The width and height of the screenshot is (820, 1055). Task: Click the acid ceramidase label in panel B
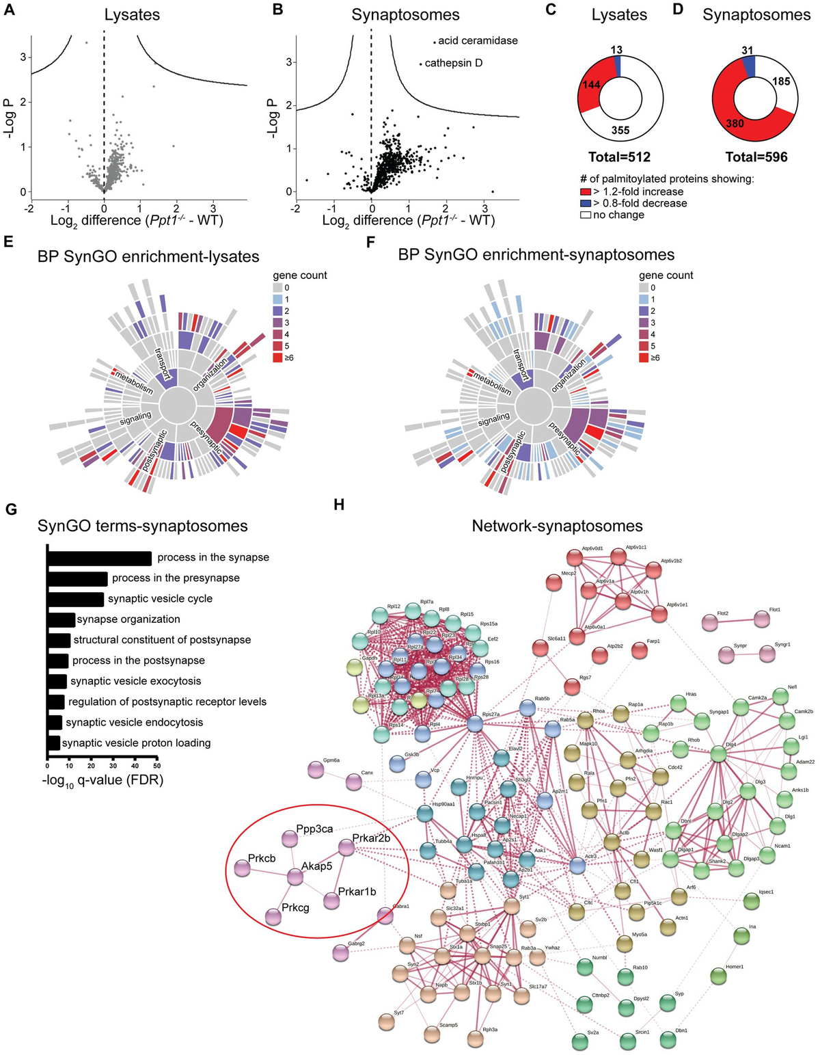point(478,41)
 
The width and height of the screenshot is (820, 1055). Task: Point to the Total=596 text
point(756,157)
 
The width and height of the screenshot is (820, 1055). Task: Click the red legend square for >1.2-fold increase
point(586,191)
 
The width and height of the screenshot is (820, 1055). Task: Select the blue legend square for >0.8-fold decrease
point(586,203)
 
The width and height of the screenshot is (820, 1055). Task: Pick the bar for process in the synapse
point(100,558)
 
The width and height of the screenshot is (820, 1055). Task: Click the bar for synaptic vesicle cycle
point(76,599)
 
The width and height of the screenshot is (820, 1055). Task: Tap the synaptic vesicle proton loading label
point(136,743)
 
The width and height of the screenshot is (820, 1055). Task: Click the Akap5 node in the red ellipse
point(295,877)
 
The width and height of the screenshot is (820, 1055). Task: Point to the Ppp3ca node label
point(314,829)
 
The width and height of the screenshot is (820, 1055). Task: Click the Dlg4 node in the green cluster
point(717,753)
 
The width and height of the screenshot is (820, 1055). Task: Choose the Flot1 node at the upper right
point(761,619)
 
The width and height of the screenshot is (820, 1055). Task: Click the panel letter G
point(10,509)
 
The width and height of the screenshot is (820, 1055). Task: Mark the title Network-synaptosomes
point(557,526)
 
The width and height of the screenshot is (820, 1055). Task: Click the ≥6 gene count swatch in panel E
point(279,358)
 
